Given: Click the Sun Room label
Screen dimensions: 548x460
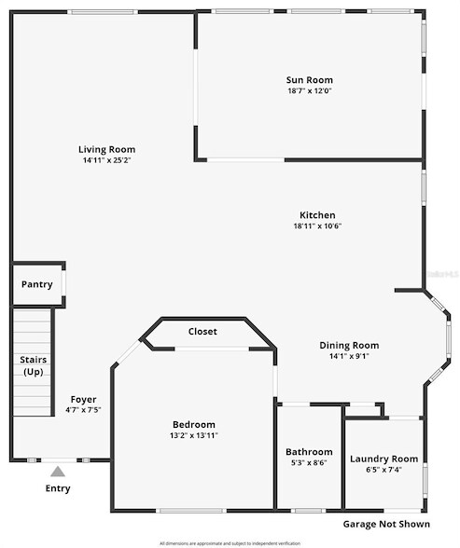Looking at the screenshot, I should [309, 80].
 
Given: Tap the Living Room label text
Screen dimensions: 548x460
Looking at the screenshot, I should [106, 149].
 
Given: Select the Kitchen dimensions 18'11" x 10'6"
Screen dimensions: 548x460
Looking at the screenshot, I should [316, 226].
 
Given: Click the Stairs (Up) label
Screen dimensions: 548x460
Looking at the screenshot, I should [34, 365].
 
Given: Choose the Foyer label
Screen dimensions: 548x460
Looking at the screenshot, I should [84, 399].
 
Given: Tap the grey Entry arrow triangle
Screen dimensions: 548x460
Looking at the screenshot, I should [58, 472].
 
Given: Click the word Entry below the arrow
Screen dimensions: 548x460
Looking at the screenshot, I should [58, 488].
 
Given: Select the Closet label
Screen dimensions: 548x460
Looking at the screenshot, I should [202, 331].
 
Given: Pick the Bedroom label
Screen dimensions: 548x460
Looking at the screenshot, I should [194, 424].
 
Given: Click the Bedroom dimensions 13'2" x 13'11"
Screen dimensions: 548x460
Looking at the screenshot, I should [194, 435].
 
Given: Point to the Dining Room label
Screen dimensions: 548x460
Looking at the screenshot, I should [348, 345].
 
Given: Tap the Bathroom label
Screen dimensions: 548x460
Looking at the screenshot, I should [309, 452].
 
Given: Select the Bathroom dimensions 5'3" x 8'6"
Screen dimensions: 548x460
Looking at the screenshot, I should [309, 463].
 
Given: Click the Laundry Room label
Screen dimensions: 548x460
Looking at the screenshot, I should [383, 459].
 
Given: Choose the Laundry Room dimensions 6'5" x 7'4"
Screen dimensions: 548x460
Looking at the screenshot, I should [383, 470].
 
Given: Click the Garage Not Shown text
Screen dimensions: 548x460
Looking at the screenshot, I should [385, 525].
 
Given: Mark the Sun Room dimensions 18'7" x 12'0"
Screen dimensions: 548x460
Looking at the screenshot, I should [309, 91].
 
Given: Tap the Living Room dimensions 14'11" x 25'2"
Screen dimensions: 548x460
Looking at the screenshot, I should [106, 160].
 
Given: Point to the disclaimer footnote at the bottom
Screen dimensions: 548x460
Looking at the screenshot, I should [230, 542].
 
